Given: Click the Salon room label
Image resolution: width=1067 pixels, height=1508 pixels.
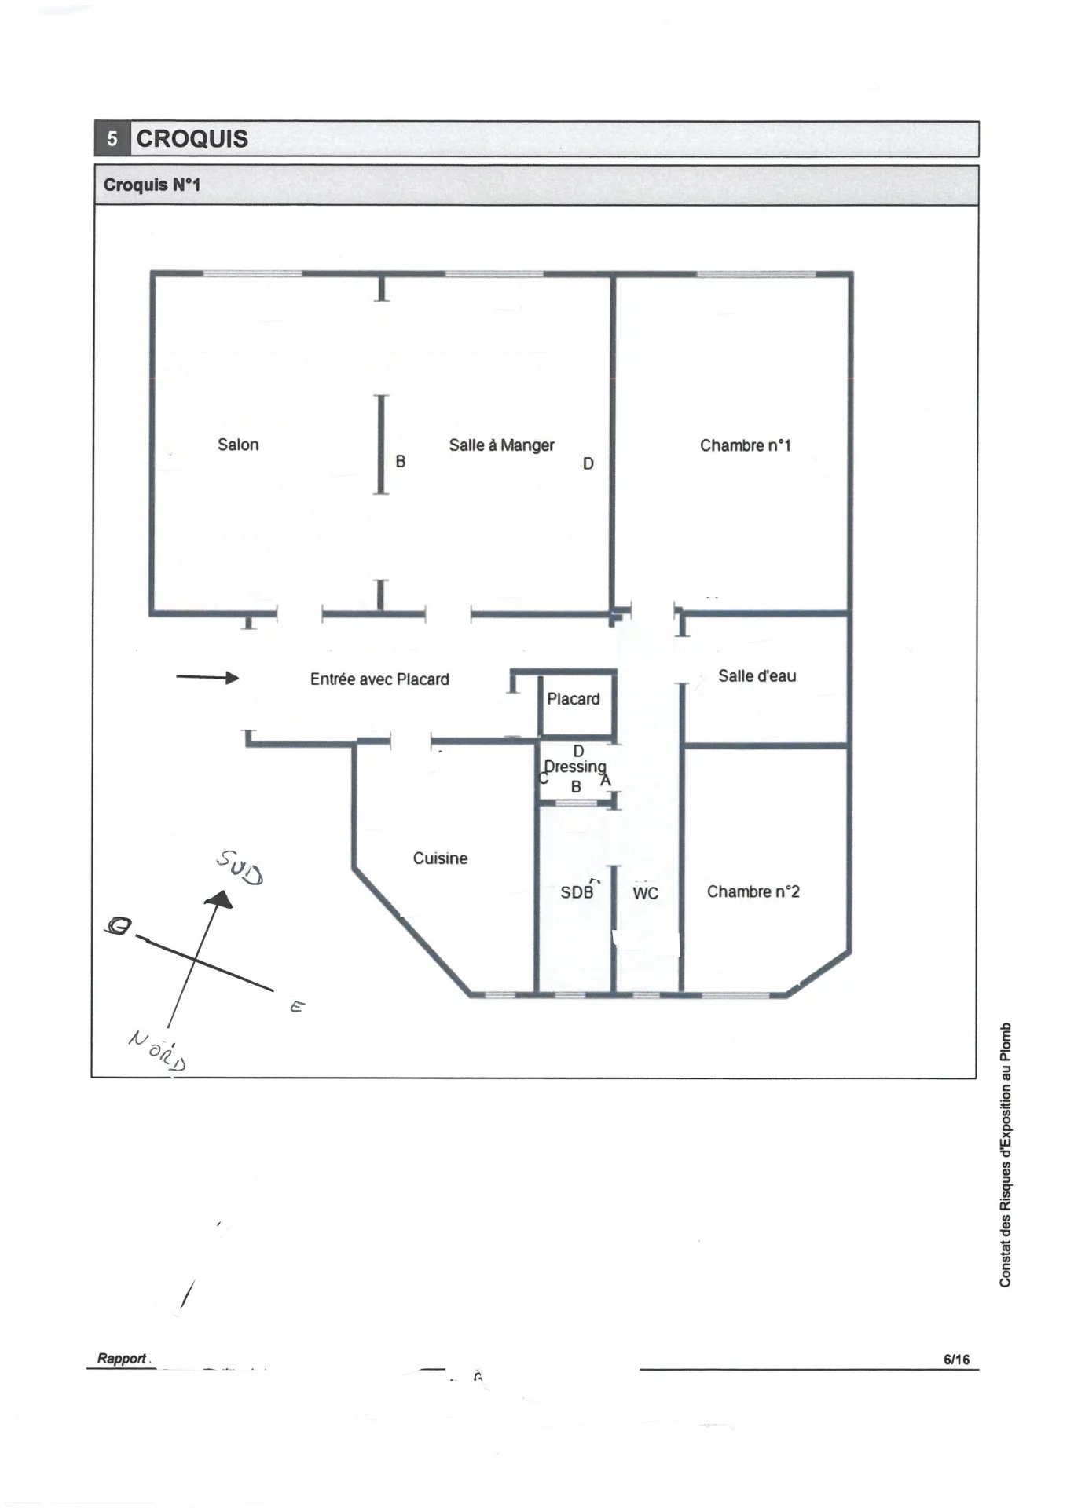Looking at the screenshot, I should (238, 445).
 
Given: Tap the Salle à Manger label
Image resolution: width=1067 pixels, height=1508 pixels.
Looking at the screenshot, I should (501, 445).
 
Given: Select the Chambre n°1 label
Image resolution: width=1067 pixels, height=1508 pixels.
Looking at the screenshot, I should (745, 445).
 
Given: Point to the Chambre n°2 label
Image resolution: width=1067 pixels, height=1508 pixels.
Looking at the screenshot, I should (753, 891).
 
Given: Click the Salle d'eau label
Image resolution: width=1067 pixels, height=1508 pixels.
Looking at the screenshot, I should (757, 675).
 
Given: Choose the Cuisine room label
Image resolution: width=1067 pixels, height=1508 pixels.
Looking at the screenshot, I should (440, 858).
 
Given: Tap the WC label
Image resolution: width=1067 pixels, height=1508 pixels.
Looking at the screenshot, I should (645, 893).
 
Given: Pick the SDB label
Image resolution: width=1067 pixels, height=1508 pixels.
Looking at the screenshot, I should (577, 892).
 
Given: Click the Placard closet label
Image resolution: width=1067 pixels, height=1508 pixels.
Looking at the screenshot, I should (573, 699).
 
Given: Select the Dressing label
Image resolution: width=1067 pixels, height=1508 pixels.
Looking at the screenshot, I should (575, 767).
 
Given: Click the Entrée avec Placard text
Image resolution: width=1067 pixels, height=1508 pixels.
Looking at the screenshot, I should (379, 679).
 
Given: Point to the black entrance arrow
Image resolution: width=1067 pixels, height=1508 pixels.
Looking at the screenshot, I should (207, 677).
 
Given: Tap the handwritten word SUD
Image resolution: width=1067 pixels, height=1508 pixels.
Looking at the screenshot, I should (240, 866).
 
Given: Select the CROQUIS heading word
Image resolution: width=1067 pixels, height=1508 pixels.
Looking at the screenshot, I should (192, 139).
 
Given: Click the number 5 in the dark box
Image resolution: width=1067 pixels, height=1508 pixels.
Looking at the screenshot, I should (112, 139).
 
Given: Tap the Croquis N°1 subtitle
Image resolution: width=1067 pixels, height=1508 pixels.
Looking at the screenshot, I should (152, 185).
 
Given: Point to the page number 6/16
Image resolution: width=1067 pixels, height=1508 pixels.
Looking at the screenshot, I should (956, 1360).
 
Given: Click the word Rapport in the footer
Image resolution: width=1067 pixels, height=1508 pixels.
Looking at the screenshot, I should (122, 1359).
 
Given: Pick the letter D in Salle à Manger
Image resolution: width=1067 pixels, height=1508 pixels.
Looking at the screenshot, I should (588, 464).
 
